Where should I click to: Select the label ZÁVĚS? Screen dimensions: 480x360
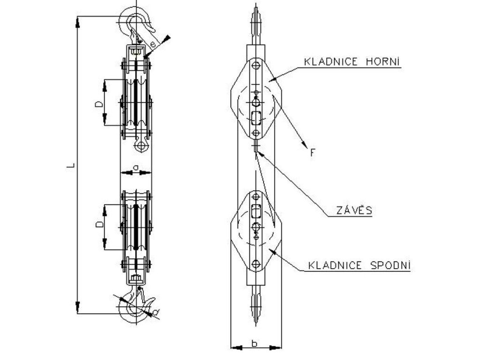(x=354, y=210)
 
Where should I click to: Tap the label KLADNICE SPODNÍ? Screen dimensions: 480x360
(x=359, y=266)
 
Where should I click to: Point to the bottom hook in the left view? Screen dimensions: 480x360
(x=133, y=309)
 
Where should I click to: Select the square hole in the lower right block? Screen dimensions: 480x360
(x=255, y=211)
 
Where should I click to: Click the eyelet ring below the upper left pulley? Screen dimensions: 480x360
(x=140, y=147)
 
